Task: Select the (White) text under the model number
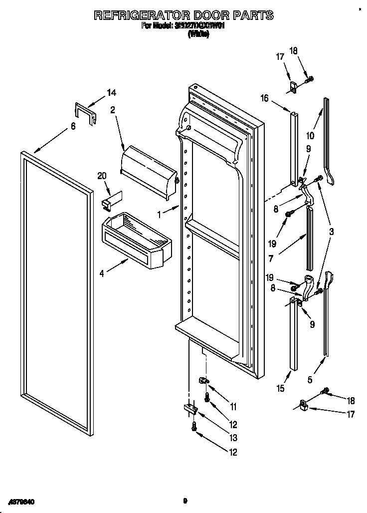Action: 198,34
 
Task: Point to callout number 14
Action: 112,92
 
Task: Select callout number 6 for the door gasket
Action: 73,126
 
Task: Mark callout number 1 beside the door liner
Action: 160,215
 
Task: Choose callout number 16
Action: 264,98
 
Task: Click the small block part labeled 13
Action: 189,408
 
